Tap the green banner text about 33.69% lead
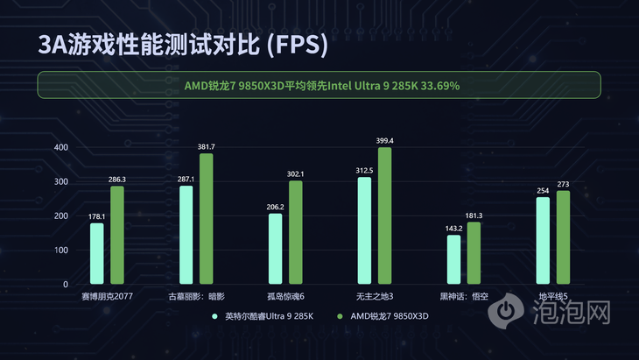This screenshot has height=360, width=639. (322, 86)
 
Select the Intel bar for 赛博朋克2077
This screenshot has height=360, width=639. (96, 253)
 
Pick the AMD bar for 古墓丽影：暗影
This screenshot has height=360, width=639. (206, 218)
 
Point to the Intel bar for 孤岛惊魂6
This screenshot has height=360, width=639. (275, 249)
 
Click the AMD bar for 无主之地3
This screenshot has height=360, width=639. (384, 215)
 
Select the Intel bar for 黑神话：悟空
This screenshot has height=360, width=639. (453, 259)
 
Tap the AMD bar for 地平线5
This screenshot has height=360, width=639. (563, 237)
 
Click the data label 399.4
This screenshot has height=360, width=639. (384, 140)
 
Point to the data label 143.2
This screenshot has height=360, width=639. (453, 228)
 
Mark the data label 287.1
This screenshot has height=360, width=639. (186, 179)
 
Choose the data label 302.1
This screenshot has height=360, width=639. (296, 173)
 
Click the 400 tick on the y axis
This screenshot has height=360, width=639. (60, 147)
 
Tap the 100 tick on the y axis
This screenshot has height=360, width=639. (60, 251)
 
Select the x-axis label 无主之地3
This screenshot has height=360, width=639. (375, 297)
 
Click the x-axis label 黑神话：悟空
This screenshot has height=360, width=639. (464, 297)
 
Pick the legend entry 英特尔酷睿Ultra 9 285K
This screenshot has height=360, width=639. (269, 314)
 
